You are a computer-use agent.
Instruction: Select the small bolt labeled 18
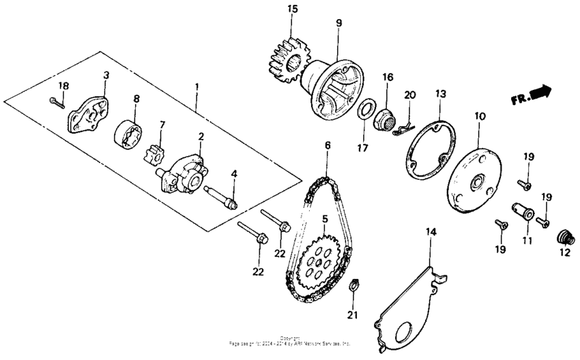click(x=57, y=102)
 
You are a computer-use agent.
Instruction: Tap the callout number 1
click(x=197, y=87)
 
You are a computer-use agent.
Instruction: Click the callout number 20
click(x=409, y=95)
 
